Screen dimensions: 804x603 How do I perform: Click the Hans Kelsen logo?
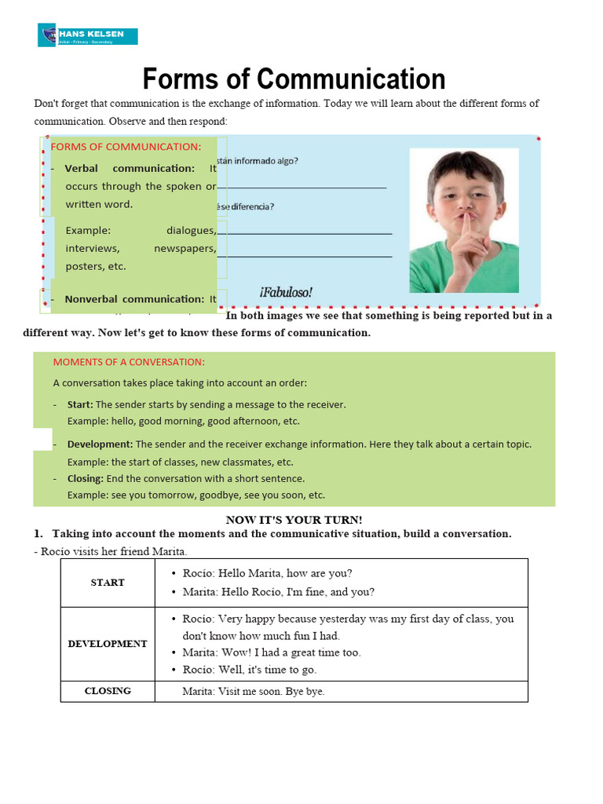click(87, 36)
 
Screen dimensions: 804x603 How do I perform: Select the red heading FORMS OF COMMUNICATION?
click(126, 147)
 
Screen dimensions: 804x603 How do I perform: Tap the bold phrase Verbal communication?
click(130, 168)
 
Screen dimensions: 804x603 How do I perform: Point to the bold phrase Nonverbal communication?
click(134, 299)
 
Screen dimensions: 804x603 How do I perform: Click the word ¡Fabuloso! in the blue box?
click(286, 292)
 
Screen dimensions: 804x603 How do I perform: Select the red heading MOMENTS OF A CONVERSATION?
click(128, 362)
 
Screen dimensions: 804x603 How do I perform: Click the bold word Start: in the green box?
click(80, 404)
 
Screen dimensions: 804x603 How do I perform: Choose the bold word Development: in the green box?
click(100, 444)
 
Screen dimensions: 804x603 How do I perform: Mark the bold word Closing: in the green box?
click(85, 478)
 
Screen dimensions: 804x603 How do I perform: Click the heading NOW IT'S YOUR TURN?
click(294, 520)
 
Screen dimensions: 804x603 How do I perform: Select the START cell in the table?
click(108, 583)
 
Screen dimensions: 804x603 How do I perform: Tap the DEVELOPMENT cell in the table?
click(108, 644)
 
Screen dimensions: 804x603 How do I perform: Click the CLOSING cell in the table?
click(108, 691)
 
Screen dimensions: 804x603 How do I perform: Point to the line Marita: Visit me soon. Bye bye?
click(253, 692)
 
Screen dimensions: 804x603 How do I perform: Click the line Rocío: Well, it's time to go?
click(250, 670)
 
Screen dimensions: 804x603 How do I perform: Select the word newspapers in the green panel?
click(185, 248)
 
